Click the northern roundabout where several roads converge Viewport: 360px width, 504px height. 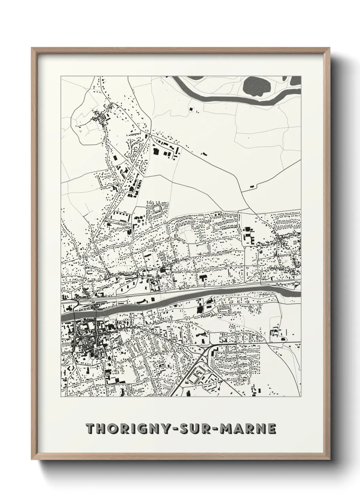[150, 136]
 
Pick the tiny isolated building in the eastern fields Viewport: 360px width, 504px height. [252, 186]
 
